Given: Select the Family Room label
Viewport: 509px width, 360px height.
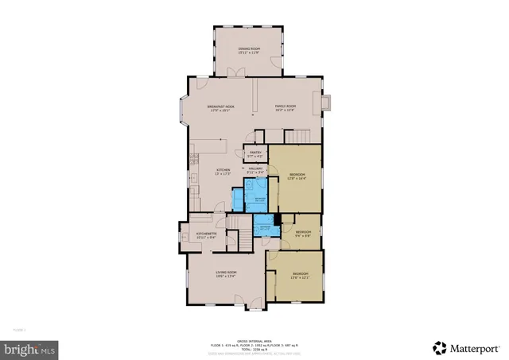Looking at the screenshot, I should point(286,108).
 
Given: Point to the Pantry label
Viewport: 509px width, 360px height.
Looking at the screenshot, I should point(255,154).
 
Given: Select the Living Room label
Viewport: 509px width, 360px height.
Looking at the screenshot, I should point(227,276).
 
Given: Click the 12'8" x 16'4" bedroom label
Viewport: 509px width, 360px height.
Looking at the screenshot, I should point(296,176).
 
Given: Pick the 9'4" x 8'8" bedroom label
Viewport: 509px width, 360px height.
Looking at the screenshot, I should point(303,233).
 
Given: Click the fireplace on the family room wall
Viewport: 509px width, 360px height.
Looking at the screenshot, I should point(326,103).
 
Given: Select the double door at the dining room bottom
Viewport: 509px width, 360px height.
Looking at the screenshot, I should point(233,73).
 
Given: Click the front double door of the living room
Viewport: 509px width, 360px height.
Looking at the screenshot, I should point(254,302).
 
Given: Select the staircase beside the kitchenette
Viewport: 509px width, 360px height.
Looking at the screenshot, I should point(232,236).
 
